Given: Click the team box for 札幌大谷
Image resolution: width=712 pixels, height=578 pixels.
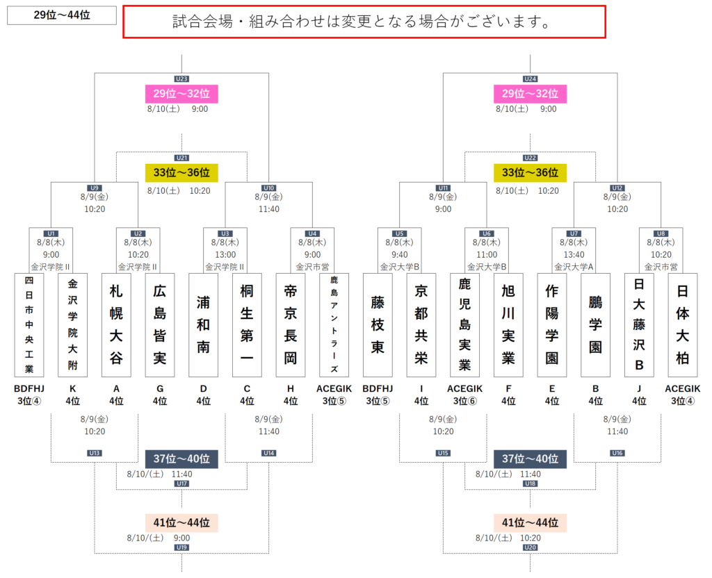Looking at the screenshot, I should (116, 324).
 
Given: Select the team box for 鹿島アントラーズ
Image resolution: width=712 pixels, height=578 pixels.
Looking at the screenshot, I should (334, 324).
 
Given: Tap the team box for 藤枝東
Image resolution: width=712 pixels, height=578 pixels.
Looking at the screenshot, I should (378, 324).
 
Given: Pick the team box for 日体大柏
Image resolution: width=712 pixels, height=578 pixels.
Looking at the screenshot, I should (682, 324).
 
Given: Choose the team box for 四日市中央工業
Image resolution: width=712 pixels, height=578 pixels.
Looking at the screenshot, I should (29, 324).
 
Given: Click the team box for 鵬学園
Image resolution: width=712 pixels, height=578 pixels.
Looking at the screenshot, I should (595, 324).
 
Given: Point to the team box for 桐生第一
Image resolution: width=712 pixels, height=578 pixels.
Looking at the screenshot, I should (247, 324).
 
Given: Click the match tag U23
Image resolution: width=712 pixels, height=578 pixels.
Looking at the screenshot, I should (181, 79).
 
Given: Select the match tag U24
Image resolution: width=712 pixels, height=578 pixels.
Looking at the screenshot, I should (531, 79).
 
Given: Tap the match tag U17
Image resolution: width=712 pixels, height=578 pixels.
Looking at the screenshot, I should (181, 484).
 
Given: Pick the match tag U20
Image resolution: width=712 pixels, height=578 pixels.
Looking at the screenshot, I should (531, 547).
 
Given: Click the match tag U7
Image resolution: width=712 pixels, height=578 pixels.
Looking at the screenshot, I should (574, 233).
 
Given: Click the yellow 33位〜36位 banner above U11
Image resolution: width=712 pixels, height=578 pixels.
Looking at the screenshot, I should (531, 172).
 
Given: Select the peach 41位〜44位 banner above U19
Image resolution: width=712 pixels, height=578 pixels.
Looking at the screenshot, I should (181, 522).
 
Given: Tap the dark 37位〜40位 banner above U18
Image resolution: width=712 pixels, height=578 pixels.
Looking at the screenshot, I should (531, 459).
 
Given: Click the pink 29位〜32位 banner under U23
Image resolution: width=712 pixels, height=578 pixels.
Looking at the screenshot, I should (181, 93).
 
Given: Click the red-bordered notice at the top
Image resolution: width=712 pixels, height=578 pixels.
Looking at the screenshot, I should (364, 22).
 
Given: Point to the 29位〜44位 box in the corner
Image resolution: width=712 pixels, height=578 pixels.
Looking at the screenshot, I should (61, 15).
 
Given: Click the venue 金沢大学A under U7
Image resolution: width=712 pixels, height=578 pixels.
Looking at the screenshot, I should (574, 266).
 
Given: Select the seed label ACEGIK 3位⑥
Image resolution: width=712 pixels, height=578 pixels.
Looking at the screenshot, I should (465, 395).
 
